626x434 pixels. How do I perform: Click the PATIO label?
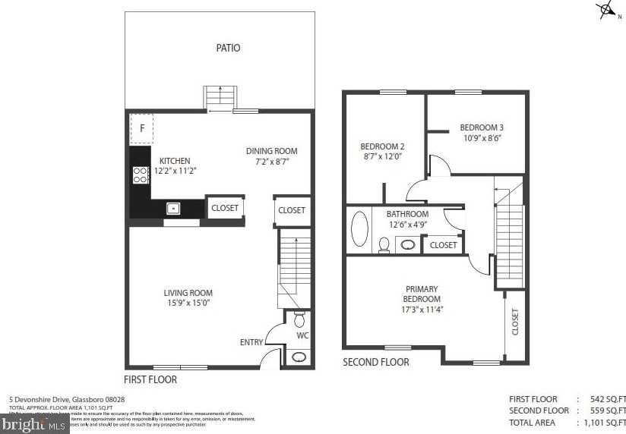click(x=228, y=48)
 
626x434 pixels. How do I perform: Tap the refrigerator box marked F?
click(x=141, y=128)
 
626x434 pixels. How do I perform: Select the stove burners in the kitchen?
click(x=141, y=175)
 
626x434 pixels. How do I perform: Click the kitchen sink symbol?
click(x=173, y=208)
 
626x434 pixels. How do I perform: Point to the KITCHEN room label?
click(x=174, y=161)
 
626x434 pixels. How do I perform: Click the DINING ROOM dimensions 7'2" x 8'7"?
click(x=270, y=162)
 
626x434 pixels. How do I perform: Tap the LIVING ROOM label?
click(x=188, y=293)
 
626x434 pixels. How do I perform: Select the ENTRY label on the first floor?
click(x=251, y=343)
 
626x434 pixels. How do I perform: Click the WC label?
click(x=302, y=335)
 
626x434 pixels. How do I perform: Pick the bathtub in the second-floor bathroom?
click(x=359, y=229)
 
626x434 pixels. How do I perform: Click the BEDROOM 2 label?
click(x=381, y=146)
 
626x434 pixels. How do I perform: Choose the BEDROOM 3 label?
click(x=481, y=127)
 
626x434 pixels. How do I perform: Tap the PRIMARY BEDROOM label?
click(x=422, y=294)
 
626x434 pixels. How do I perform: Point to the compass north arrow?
click(x=605, y=10)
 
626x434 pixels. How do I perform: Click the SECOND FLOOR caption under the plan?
click(x=375, y=363)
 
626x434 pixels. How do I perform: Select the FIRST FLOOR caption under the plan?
click(x=150, y=379)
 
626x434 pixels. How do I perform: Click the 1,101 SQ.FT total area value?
click(x=605, y=423)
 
